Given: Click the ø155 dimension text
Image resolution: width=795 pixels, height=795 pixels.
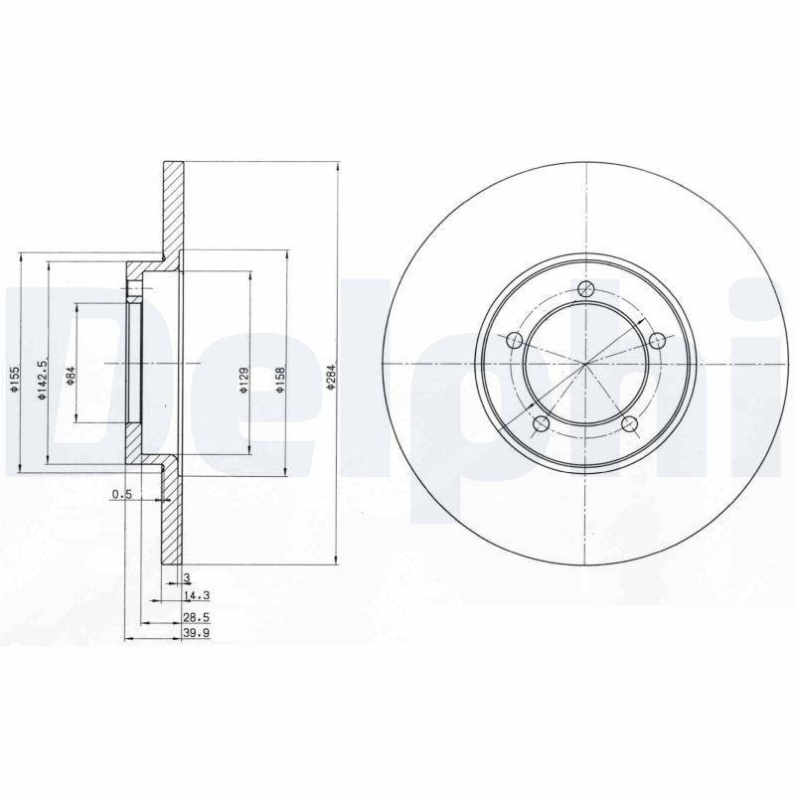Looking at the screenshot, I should (15, 381).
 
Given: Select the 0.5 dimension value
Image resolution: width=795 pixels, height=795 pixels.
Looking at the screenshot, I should (121, 494).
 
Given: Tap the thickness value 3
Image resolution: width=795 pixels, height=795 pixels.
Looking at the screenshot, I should (186, 577).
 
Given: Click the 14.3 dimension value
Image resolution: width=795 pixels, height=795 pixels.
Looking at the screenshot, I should (197, 596).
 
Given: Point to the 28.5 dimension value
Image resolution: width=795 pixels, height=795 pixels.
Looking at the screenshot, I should (197, 616).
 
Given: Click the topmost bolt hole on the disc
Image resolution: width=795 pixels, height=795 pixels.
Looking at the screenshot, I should (586, 290).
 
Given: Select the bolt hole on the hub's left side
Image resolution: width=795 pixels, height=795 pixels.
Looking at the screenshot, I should (514, 342).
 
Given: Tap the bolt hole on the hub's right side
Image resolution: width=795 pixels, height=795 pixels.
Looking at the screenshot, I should (657, 342).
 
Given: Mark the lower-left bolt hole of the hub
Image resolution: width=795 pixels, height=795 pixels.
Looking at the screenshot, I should (542, 425).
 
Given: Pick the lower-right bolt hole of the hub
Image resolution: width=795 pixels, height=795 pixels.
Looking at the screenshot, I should (629, 425).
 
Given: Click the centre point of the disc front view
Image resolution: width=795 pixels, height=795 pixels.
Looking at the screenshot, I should (586, 364).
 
